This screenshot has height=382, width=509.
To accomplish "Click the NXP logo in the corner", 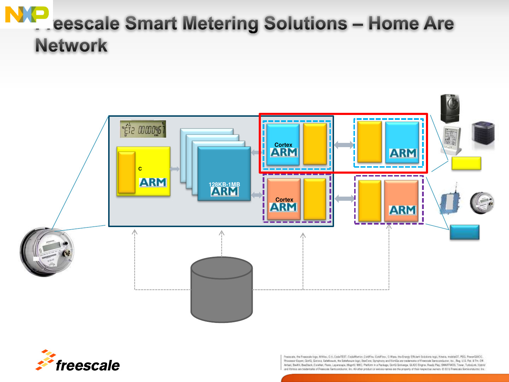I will click(27, 15).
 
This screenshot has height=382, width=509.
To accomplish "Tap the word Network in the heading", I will click(71, 46).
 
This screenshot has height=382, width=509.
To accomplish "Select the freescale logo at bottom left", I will click(78, 361).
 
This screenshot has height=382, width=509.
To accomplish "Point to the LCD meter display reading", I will click(143, 129).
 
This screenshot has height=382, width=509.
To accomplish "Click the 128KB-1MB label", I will click(224, 184).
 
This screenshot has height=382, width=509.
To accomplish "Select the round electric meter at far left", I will click(47, 251).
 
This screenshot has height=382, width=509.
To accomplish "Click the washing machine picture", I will click(450, 108).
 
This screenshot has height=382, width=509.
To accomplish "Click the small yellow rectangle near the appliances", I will click(466, 163).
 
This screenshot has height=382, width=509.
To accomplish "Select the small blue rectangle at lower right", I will click(464, 232).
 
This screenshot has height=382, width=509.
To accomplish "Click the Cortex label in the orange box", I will click(284, 200).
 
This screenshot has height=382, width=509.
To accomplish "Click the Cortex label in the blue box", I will click(283, 145).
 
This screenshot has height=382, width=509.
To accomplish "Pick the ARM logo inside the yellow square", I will click(153, 183).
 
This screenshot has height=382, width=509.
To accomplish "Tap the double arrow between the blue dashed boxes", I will click(344, 145).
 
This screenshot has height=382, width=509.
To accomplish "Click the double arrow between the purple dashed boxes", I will click(344, 199).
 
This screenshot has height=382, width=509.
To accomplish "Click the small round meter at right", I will click(482, 203).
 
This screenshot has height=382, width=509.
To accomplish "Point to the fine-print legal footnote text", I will click(384, 363).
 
